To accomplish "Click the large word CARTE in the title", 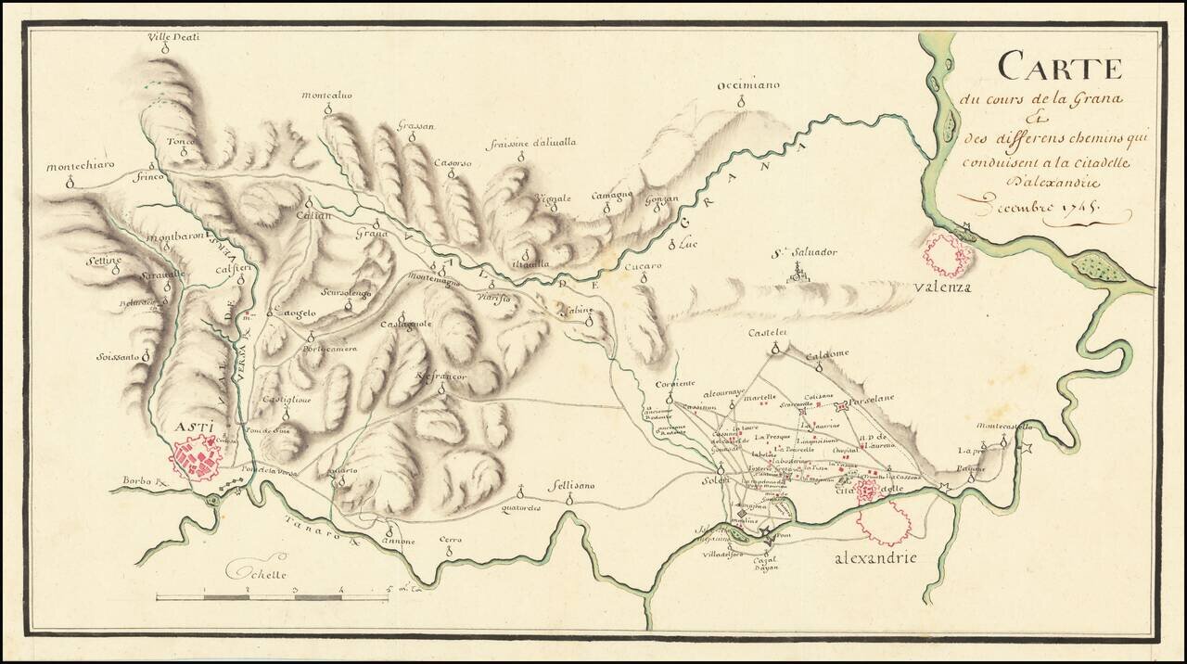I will pos(1060,68).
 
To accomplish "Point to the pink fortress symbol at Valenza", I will pos(947,254).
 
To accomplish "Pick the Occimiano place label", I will pos(748,85).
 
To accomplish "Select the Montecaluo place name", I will pos(325,96).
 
